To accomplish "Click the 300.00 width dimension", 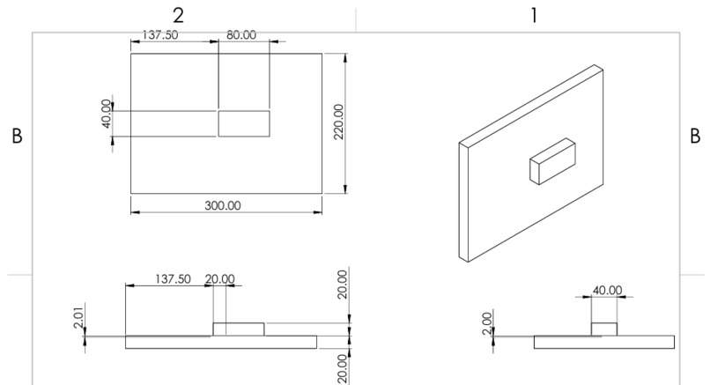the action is [223, 205].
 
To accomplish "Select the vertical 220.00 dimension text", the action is [339, 122].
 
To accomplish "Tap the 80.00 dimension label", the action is [240, 35].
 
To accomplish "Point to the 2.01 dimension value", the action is [78, 318].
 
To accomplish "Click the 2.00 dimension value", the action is [487, 323].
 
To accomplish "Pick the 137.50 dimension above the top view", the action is [160, 35].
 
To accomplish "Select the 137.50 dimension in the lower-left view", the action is [173, 279].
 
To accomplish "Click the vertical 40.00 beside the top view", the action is [107, 114].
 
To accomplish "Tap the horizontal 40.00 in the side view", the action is [607, 290].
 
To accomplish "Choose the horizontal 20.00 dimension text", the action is [220, 279].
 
